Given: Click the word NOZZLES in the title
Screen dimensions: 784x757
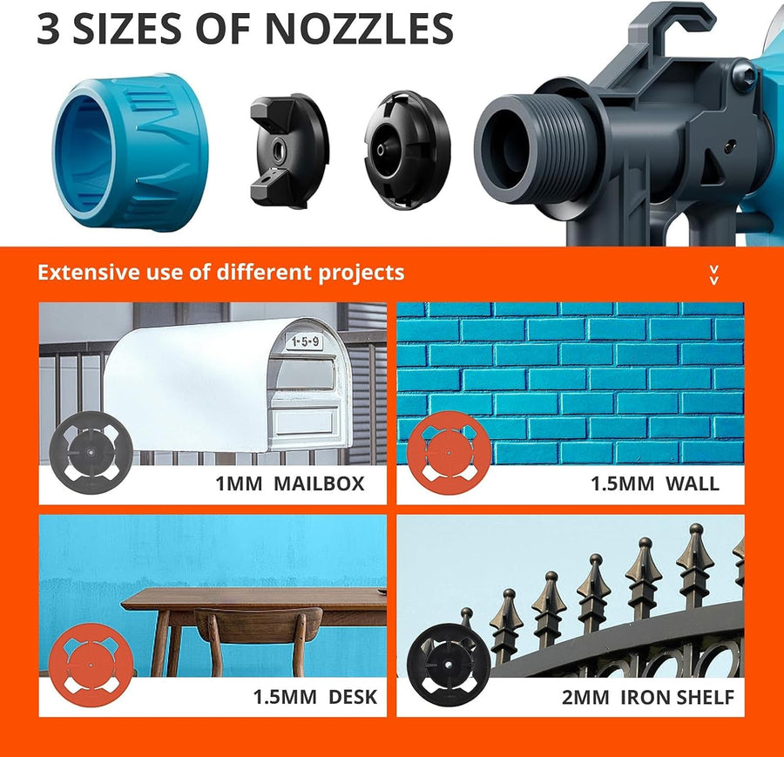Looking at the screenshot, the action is pos(359,29).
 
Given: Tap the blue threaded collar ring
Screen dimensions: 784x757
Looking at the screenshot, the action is pos(131,152).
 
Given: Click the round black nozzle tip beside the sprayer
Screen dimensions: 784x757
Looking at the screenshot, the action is pos(407,150).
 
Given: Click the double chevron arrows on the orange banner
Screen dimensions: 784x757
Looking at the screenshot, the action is pos(714,275).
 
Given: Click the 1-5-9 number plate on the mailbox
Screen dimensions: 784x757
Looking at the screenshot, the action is pos(305,342).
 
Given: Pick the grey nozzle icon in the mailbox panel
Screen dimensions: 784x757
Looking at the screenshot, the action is pos(91,453).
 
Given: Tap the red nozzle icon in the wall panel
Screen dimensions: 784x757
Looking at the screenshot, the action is pos(449,453).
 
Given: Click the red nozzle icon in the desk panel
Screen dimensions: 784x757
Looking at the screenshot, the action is pos(91,665).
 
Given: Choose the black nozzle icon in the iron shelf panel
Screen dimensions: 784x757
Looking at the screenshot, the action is pos(449,665).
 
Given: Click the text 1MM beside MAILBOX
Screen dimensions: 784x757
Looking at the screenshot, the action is pos(239,484).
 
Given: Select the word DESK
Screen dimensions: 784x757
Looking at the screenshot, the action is pos(353,697).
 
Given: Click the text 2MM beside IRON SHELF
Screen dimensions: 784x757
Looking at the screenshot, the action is pos(585,697).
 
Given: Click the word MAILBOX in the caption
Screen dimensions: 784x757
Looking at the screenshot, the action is pos(319,484).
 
